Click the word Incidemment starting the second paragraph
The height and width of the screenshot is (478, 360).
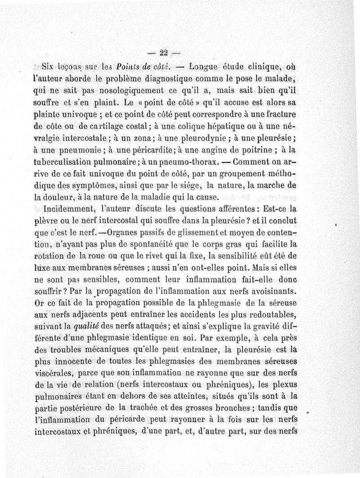pos(73,209)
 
